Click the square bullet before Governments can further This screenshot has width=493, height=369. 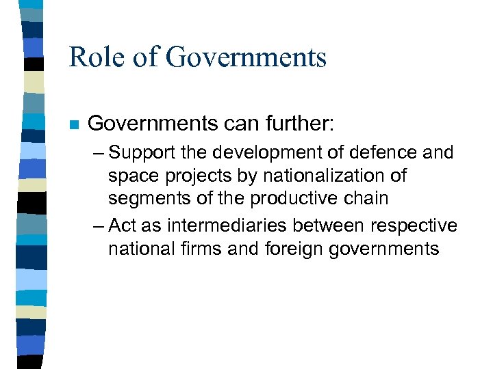[x=74, y=125]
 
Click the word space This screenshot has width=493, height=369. [x=131, y=176]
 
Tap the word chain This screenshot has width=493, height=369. [x=368, y=199]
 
